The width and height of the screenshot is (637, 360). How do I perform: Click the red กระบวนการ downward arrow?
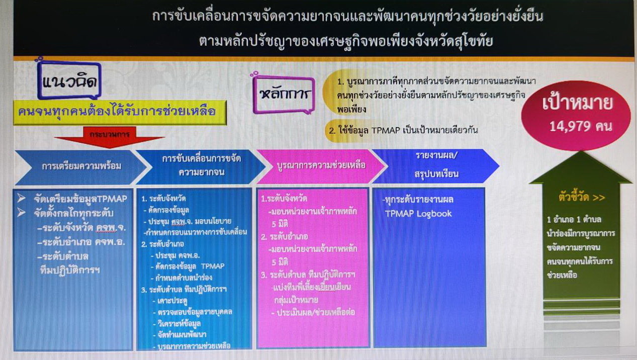110,137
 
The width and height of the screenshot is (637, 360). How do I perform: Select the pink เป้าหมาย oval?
577,115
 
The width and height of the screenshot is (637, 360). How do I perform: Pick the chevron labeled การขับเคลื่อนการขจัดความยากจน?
201,166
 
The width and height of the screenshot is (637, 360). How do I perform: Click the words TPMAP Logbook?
418,213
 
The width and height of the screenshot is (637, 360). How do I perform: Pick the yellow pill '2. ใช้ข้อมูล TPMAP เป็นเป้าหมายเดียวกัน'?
402,130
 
